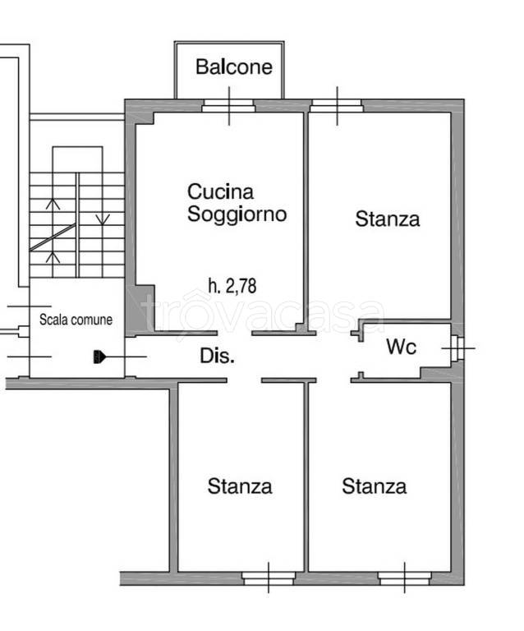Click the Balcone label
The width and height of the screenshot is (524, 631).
pos(233,67)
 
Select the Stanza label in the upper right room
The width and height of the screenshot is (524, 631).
pos(387,219)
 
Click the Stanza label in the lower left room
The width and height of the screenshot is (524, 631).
pos(239,486)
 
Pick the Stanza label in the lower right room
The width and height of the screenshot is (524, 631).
pos(374,486)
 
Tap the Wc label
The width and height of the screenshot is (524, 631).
pos(402,348)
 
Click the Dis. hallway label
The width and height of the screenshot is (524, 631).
pos(218,357)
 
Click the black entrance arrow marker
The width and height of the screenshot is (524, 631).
pos(99,357)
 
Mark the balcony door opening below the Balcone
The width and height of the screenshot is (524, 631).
pos(228,104)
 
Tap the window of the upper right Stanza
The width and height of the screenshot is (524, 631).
pos(337,104)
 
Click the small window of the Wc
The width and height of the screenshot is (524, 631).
pos(457,349)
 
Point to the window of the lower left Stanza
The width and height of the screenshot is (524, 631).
pos(269,578)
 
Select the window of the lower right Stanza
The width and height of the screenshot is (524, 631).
pos(404,578)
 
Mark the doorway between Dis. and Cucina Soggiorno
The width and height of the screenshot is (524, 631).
pos(235,334)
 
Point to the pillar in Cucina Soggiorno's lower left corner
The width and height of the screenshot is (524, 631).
pos(144,307)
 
